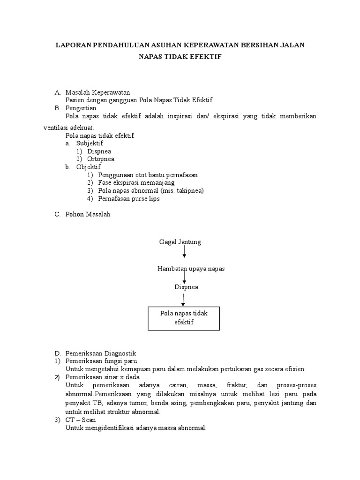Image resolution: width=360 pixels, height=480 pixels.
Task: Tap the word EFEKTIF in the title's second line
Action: [x=204, y=57]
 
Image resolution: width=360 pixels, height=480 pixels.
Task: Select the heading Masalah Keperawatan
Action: [x=97, y=92]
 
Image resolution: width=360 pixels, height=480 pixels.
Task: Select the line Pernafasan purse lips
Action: [x=129, y=199]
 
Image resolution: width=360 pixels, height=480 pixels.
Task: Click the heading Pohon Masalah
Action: [x=88, y=214]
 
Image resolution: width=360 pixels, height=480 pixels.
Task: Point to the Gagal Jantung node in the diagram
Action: [x=180, y=242]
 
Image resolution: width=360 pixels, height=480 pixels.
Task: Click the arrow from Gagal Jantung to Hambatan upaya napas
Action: [x=184, y=252]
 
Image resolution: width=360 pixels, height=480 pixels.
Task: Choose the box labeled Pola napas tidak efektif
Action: [x=184, y=318]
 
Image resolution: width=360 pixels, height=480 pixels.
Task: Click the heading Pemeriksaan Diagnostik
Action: [x=100, y=353]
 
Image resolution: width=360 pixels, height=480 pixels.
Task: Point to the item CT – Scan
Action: [x=81, y=420]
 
